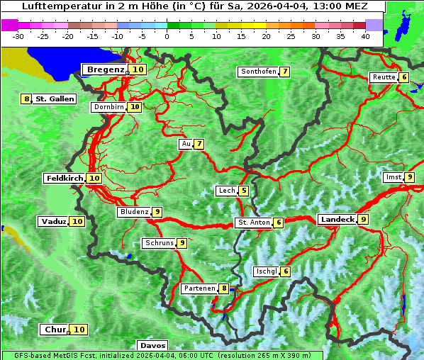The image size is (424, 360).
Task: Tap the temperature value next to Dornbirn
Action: pyautogui.click(x=135, y=107)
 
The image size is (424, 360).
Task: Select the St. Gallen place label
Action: pyautogui.click(x=55, y=99)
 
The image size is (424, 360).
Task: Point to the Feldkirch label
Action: pyautogui.click(x=65, y=178)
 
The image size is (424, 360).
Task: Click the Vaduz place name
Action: pyautogui.click(x=53, y=221)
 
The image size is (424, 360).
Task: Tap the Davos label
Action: pyautogui.click(x=152, y=345)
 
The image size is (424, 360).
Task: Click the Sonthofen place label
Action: pyautogui.click(x=258, y=72)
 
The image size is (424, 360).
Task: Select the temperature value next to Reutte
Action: pyautogui.click(x=404, y=77)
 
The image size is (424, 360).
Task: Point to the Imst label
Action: pyautogui.click(x=392, y=176)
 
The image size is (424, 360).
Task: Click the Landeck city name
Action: pyautogui.click(x=337, y=220)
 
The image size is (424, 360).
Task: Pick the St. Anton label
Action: pyautogui.click(x=254, y=223)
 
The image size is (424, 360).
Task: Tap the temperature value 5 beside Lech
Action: pyautogui.click(x=244, y=191)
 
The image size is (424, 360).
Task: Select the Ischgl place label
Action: pyautogui.click(x=266, y=271)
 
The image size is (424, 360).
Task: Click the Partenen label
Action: pyautogui.click(x=199, y=288)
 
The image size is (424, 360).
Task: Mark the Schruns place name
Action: pyautogui.click(x=159, y=243)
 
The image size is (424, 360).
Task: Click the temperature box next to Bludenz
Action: pyautogui.click(x=157, y=212)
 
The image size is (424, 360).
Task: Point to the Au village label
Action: pyautogui.click(x=186, y=144)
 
